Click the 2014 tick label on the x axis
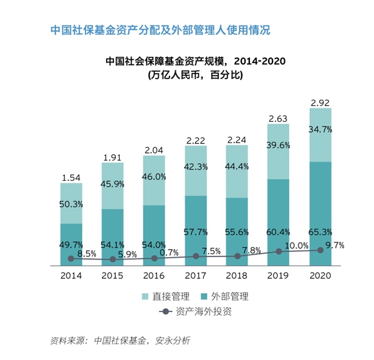click(x=71, y=275)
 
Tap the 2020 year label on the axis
click(x=320, y=275)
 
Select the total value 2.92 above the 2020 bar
click(x=320, y=102)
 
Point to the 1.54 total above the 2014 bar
click(x=71, y=178)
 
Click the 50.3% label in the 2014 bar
click(x=71, y=204)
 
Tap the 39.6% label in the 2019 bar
click(x=279, y=145)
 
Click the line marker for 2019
click(x=279, y=251)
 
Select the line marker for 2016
click(x=154, y=258)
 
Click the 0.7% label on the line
click(x=170, y=252)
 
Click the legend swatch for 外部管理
click(x=198, y=296)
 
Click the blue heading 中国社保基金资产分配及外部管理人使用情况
click(x=160, y=30)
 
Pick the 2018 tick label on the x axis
click(x=237, y=275)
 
